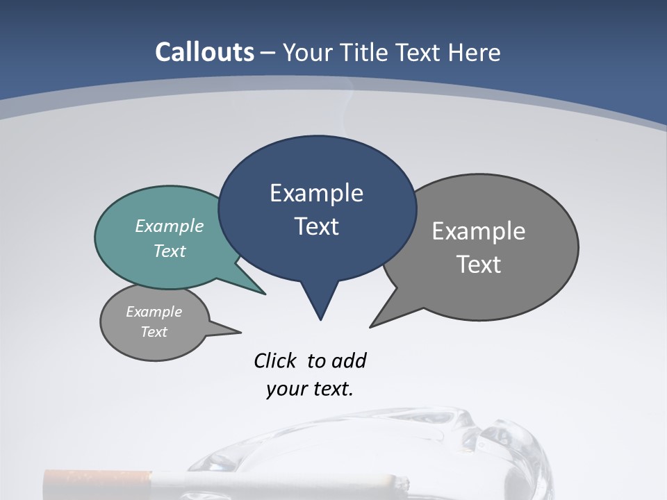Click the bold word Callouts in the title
[x=204, y=52]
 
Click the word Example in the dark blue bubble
[x=316, y=193]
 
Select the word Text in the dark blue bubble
[x=316, y=226]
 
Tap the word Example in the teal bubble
[x=169, y=226]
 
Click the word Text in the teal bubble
[x=169, y=251]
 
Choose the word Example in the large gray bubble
[x=479, y=231]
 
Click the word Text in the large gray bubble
[x=479, y=265]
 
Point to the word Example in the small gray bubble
[x=154, y=312]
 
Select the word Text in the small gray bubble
[x=154, y=332]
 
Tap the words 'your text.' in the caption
[x=309, y=389]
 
